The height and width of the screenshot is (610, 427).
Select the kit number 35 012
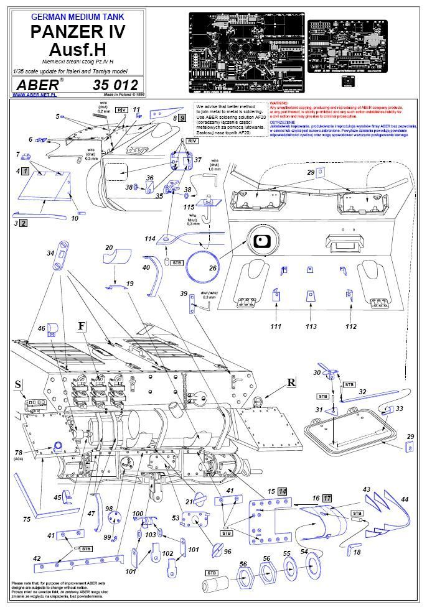[116, 85]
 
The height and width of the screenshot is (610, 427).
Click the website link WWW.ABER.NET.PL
[34, 95]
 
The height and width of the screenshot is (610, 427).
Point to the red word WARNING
[278, 103]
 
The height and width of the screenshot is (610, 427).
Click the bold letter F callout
[81, 326]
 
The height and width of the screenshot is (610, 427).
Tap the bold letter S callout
[19, 386]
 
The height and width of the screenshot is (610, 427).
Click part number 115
[189, 206]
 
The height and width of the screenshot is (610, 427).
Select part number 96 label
[227, 551]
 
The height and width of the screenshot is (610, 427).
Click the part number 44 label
[405, 499]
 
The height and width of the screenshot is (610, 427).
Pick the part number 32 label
[362, 392]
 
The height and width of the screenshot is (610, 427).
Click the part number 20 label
[109, 248]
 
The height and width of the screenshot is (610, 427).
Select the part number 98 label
[109, 509]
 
